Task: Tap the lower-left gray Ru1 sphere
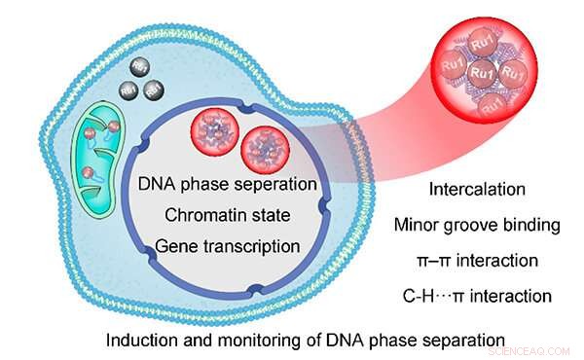[127, 90]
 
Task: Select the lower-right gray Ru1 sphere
[151, 90]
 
